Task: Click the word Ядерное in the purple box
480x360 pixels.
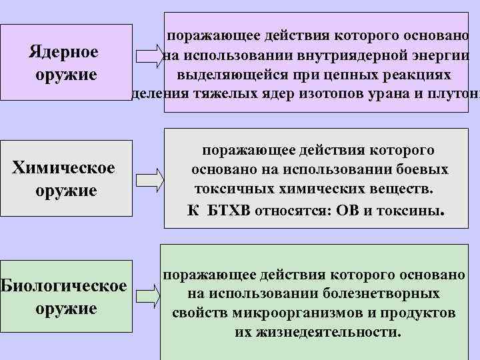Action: (x=65, y=51)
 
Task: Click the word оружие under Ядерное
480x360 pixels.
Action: (x=65, y=74)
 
